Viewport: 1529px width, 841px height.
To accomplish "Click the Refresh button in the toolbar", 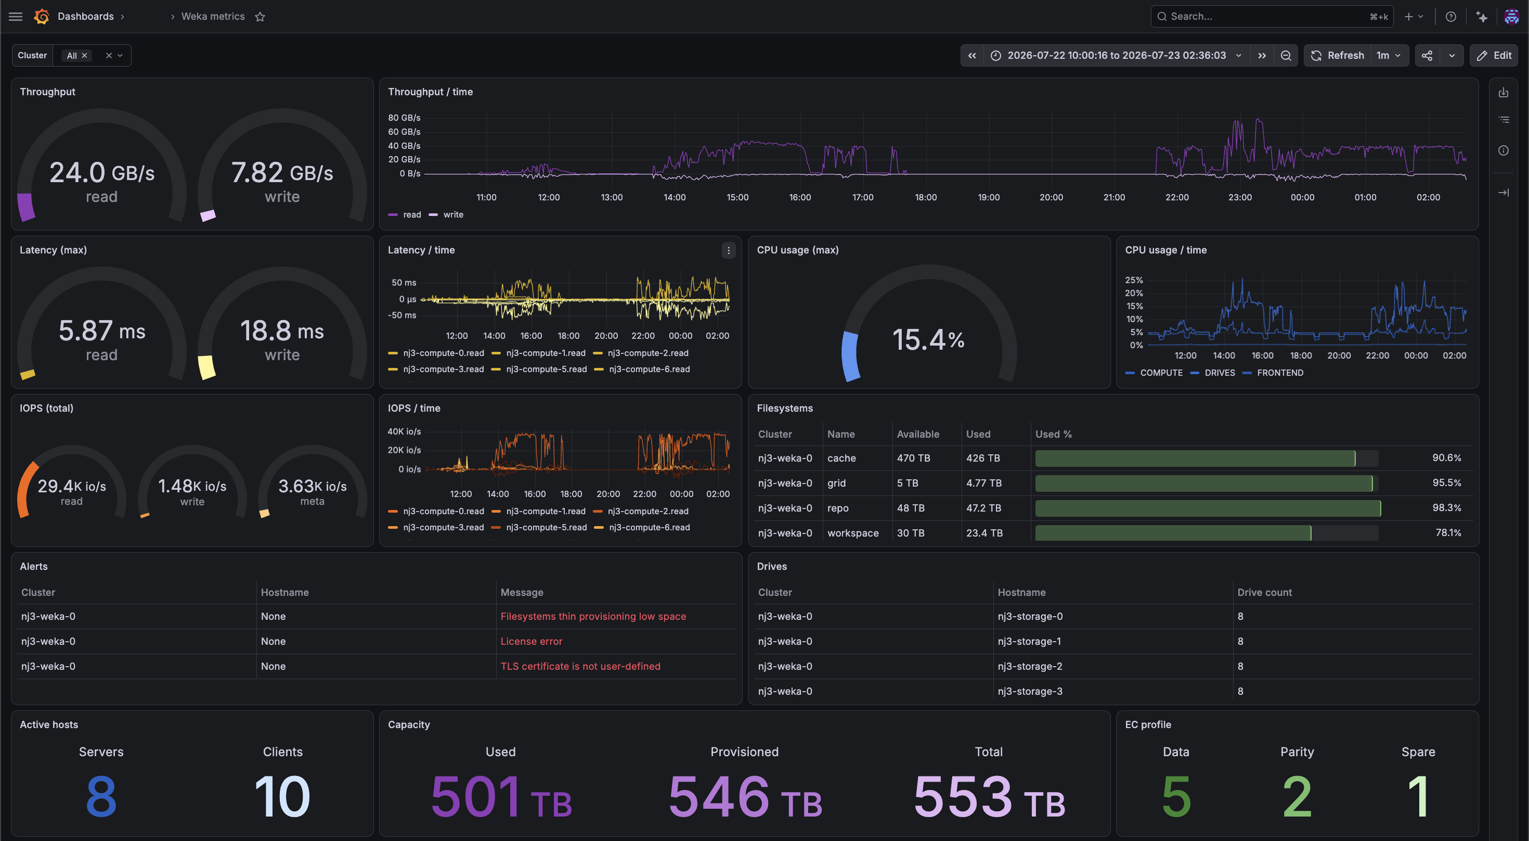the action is click(1337, 55).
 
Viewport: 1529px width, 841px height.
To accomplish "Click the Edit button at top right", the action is click(1494, 55).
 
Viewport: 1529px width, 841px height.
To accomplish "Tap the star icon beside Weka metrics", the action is click(260, 17).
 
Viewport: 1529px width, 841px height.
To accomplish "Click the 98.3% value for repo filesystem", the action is click(1446, 507).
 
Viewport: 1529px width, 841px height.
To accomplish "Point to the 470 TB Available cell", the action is click(913, 457).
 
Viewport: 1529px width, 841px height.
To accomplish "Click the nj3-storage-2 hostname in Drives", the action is click(1030, 666).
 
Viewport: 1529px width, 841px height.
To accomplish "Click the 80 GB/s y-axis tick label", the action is click(404, 118).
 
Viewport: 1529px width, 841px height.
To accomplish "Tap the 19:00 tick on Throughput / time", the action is click(988, 197).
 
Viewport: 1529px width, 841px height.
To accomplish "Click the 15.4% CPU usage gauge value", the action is click(928, 340).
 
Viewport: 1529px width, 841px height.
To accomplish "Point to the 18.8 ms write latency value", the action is click(282, 330).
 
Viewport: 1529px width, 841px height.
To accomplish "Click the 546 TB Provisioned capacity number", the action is click(745, 796).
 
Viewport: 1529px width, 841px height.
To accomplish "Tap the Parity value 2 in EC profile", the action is click(1297, 796).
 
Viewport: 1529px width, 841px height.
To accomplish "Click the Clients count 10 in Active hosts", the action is click(282, 796).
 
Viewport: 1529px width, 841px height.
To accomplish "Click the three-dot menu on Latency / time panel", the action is click(728, 250).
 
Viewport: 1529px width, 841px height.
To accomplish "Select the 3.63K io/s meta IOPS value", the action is click(312, 486).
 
